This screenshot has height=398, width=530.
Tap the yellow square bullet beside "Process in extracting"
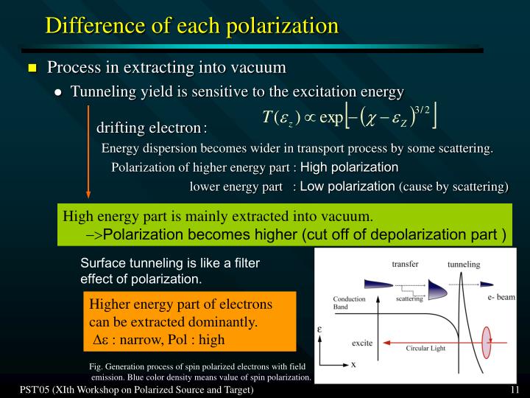click(32, 69)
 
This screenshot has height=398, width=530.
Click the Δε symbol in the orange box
click(102, 340)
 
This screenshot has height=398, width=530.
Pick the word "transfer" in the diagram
click(405, 264)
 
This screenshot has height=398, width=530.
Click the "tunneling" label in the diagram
click(463, 264)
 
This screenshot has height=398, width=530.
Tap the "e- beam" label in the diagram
click(501, 297)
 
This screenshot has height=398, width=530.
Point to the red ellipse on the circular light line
click(486, 342)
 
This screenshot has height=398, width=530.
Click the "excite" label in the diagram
click(362, 343)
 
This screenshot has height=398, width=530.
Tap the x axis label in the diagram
click(353, 366)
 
